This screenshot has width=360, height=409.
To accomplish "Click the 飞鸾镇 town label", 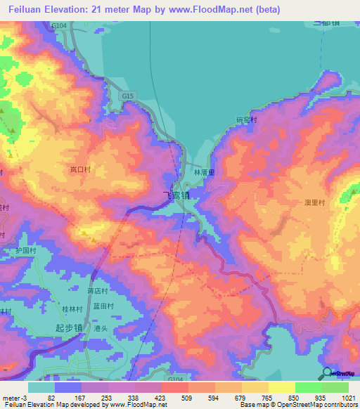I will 176,195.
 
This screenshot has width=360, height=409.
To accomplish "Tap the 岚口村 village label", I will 81,170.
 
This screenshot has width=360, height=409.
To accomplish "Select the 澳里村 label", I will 314,202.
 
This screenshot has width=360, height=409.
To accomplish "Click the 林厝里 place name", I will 203,171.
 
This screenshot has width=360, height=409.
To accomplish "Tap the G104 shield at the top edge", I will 59,25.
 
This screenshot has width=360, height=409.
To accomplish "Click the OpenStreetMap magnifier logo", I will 326,372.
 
